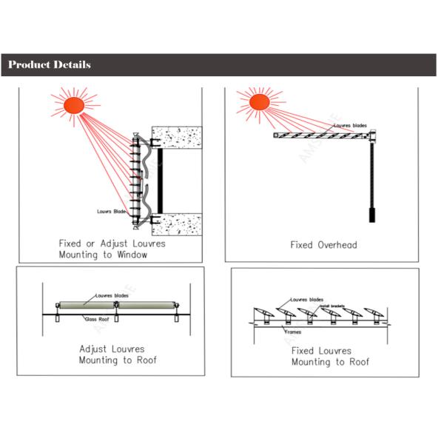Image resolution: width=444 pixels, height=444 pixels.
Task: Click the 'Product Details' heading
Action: [x=50, y=65]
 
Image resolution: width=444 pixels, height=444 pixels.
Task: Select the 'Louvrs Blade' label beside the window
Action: [x=112, y=212]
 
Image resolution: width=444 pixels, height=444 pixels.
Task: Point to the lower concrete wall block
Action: [x=178, y=221]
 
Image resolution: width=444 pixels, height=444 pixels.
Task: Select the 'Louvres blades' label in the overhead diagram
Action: [x=349, y=126]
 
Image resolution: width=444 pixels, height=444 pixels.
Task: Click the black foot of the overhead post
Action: [x=371, y=215]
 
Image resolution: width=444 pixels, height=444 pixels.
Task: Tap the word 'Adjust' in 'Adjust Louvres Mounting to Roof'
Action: [x=94, y=349]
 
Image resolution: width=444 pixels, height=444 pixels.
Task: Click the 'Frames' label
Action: [x=292, y=332]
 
